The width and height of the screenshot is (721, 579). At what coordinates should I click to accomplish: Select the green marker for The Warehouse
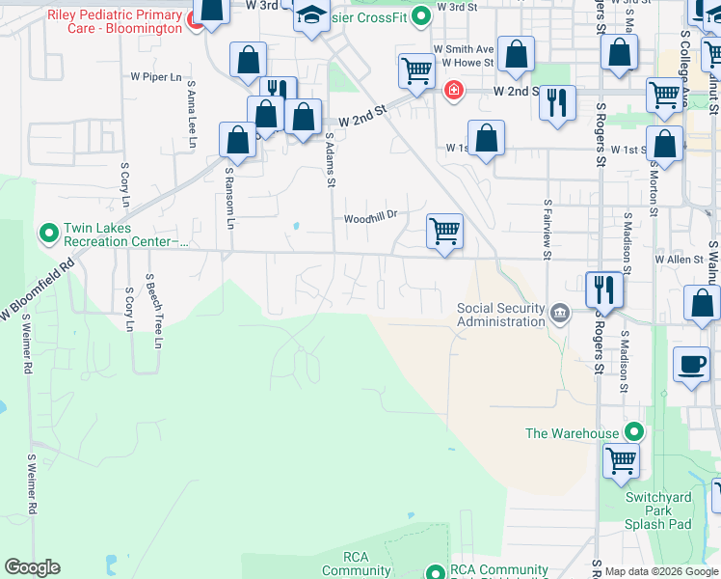pos(634,433)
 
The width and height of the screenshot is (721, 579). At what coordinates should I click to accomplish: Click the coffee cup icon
pos(691,364)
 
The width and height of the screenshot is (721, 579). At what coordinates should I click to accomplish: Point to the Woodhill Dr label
pos(371,218)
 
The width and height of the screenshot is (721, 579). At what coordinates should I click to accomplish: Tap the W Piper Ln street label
pos(156,76)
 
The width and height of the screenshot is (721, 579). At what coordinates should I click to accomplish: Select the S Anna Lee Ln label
pos(193,114)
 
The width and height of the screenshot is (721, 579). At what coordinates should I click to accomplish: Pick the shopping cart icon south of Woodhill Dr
pos(444,231)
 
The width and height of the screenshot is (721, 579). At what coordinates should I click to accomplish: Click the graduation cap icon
pos(311,14)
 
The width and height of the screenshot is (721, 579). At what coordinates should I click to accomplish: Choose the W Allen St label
pos(679,260)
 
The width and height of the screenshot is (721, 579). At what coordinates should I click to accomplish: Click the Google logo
pos(33,567)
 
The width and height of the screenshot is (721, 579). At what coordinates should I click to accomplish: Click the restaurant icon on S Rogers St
pos(604,288)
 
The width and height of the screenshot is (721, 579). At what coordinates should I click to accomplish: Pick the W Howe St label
pos(467,63)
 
